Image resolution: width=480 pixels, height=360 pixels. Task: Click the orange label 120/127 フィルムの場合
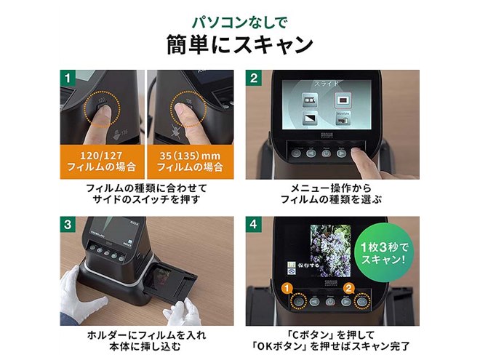[x=101, y=161]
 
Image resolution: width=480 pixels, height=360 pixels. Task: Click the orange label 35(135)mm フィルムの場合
[x=191, y=161]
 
